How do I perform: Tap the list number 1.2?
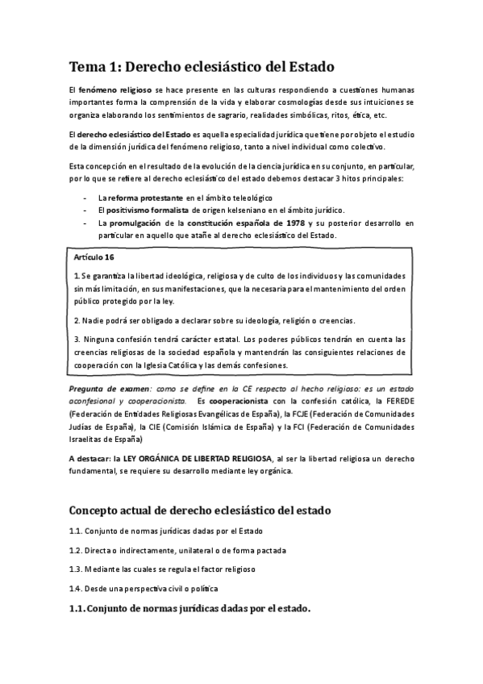click(x=76, y=549)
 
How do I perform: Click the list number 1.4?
click(x=76, y=588)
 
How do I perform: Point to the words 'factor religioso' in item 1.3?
click(x=225, y=569)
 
